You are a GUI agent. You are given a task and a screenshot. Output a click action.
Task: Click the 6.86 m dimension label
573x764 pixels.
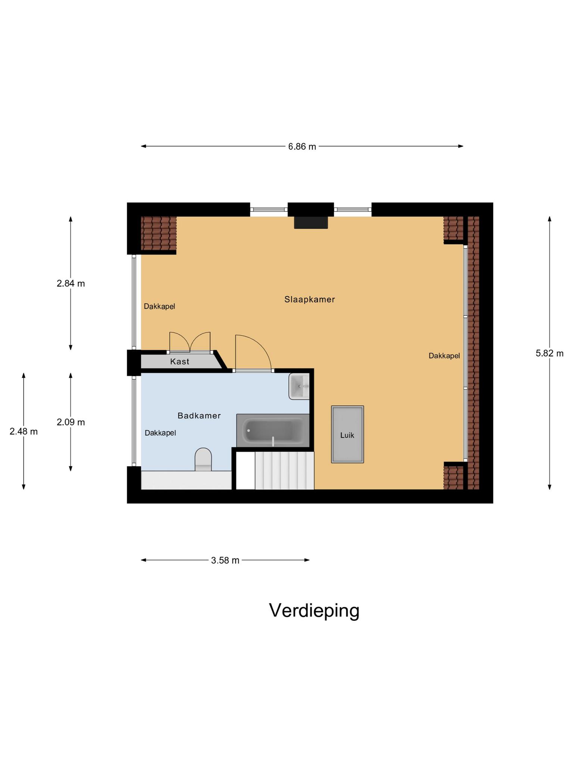point(302,147)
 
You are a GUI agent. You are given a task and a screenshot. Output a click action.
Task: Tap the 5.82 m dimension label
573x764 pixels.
point(549,353)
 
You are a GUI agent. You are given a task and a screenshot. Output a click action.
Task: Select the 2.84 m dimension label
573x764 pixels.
point(71,284)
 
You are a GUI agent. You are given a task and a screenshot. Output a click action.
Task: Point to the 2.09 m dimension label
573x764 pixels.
point(71,422)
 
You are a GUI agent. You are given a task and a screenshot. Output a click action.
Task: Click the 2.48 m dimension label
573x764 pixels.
point(24,432)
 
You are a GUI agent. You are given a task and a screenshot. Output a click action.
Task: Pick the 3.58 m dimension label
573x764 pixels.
point(225,560)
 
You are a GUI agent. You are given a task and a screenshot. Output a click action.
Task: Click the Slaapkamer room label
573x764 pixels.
point(310,299)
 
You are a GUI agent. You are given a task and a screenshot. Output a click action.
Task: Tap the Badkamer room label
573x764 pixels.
point(199,416)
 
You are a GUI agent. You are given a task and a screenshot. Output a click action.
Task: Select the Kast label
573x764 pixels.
point(179,361)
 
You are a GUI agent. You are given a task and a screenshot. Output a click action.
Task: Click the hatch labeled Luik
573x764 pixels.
point(347,435)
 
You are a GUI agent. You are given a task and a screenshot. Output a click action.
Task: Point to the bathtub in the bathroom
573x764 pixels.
point(273,431)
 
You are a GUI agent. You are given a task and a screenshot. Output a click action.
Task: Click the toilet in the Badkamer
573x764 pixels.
point(203,460)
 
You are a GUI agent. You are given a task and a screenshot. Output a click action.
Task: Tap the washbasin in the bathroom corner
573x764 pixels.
point(299,386)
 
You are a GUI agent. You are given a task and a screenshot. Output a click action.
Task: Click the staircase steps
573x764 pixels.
point(284,471)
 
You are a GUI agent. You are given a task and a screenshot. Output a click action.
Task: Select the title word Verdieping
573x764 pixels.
point(314,611)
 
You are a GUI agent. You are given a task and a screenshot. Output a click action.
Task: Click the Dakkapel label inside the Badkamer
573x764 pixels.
point(160,433)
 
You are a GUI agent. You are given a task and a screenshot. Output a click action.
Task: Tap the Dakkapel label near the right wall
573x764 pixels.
point(444,356)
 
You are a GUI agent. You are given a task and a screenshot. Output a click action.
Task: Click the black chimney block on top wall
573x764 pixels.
point(311,222)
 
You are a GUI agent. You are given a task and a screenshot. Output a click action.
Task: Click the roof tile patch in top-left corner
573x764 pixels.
point(159,234)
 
